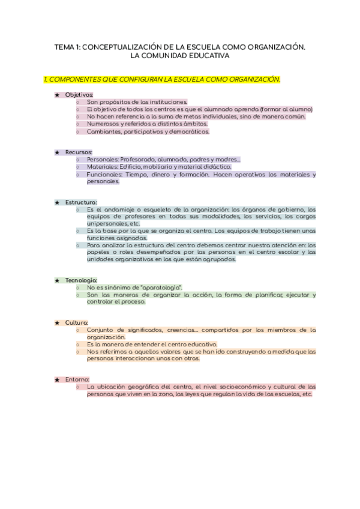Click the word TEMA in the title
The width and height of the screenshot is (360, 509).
pos(64,47)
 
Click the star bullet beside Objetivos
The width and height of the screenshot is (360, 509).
pos(57,95)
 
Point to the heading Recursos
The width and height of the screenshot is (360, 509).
pos(79,152)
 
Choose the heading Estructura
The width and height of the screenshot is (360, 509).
pos(81,202)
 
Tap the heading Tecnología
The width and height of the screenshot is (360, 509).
pos(81,280)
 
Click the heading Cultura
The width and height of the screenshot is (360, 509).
pos(77,323)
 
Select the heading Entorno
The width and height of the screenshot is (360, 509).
pos(77,379)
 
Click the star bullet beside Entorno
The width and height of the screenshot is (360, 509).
pos(57,379)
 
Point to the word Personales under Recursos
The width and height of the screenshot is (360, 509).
pos(102,160)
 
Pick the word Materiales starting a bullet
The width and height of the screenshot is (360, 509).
pos(101,167)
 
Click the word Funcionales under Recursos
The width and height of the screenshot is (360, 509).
pos(104,174)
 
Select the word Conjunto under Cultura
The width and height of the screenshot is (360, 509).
pos(100,330)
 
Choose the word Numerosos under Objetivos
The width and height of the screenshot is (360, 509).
pos(103,124)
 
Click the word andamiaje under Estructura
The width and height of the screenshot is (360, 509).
pos(118,209)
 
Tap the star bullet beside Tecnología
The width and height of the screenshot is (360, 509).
pos(57,280)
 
